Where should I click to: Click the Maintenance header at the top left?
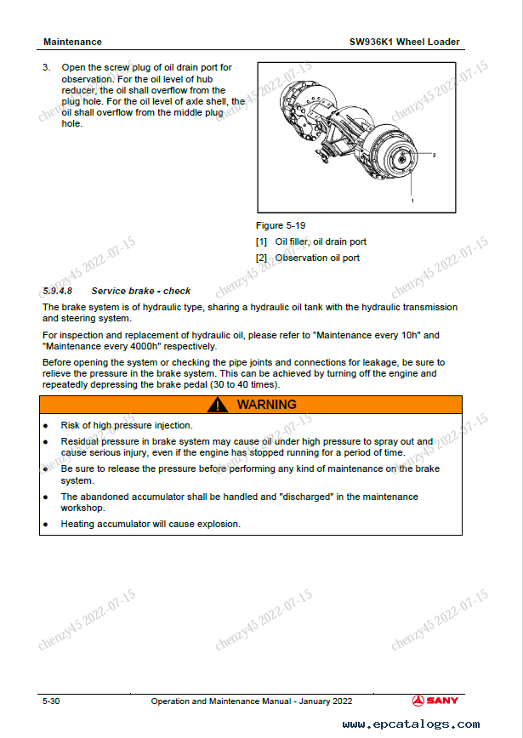[x=72, y=42]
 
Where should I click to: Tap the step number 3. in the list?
[x=48, y=67]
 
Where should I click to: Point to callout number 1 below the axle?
[x=412, y=201]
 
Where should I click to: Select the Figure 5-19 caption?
[x=281, y=225]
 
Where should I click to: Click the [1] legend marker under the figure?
[x=261, y=241]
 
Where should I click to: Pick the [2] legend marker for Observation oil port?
[x=261, y=258]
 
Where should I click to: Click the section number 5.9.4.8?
[x=59, y=291]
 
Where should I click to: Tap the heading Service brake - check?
[x=141, y=291]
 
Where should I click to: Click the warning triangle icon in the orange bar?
[x=219, y=406]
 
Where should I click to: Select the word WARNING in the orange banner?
[x=266, y=406]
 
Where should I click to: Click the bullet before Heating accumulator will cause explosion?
[x=46, y=525]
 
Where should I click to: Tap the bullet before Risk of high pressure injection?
[x=46, y=425]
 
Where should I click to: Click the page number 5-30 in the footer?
[x=51, y=701]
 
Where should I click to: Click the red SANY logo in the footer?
[x=435, y=701]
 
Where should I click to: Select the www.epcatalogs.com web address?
[x=411, y=724]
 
